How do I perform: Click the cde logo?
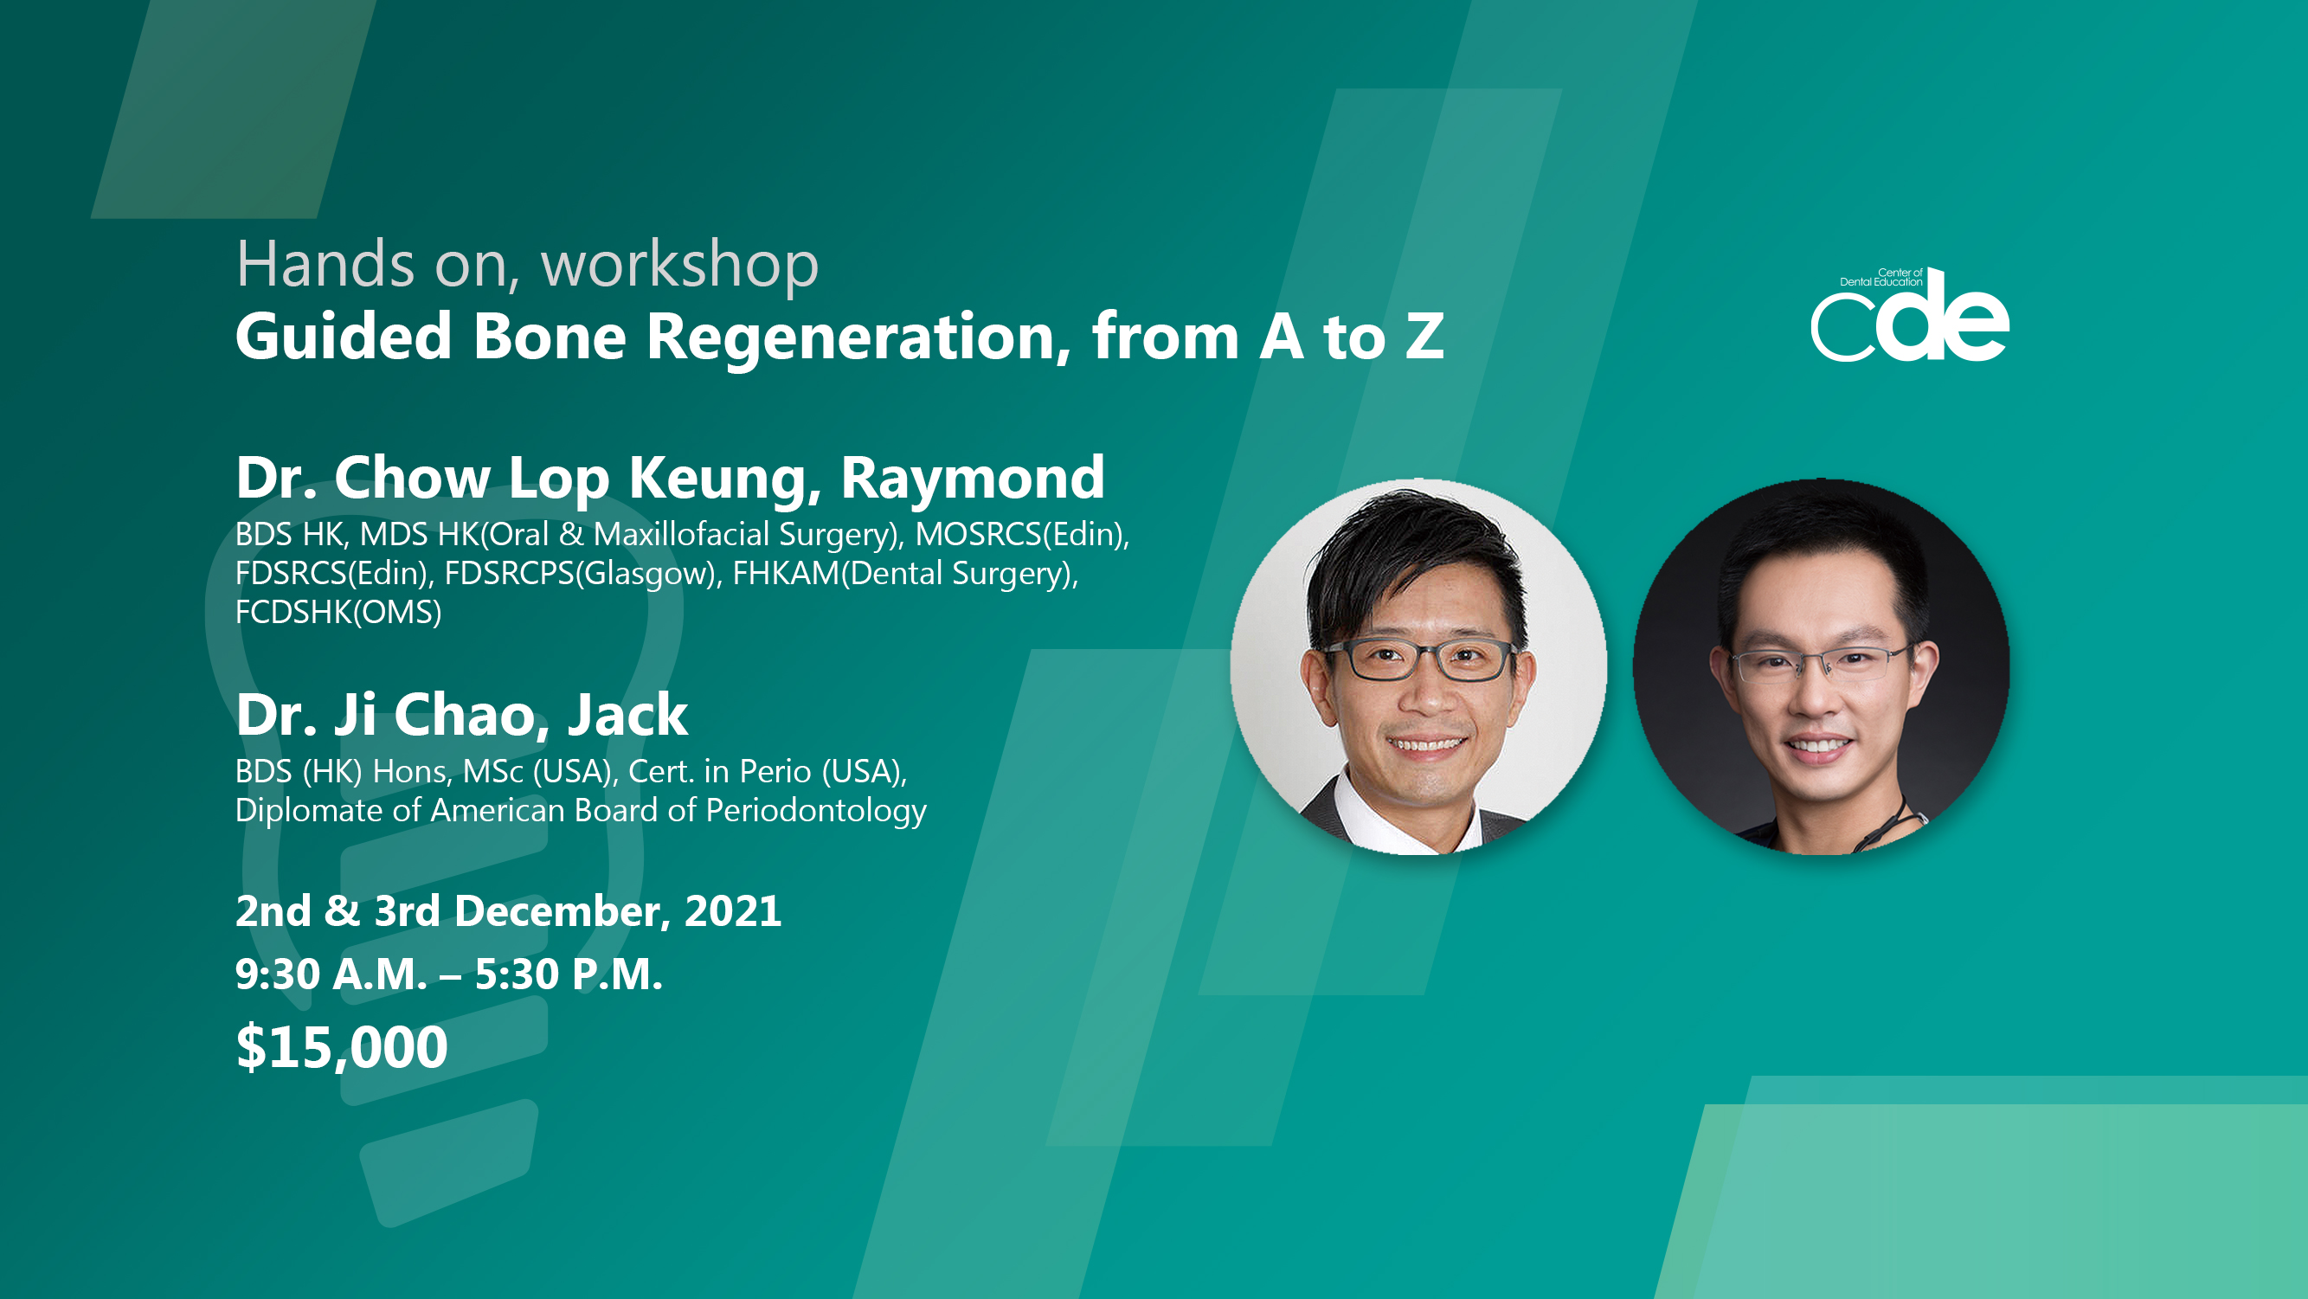coord(1909,315)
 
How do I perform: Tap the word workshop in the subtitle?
coord(679,264)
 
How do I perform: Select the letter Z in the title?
coord(1424,337)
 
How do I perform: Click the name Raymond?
coord(972,478)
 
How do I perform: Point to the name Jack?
coord(627,715)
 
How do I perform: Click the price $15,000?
coord(341,1046)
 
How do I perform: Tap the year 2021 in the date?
coord(733,911)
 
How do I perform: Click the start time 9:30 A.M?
coord(331,974)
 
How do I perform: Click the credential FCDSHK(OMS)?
coord(338,613)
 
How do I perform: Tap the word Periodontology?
coord(816,812)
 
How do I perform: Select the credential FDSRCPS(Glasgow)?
coord(583,575)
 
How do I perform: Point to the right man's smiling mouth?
coord(1817,744)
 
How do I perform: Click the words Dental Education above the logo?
coord(1880,282)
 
